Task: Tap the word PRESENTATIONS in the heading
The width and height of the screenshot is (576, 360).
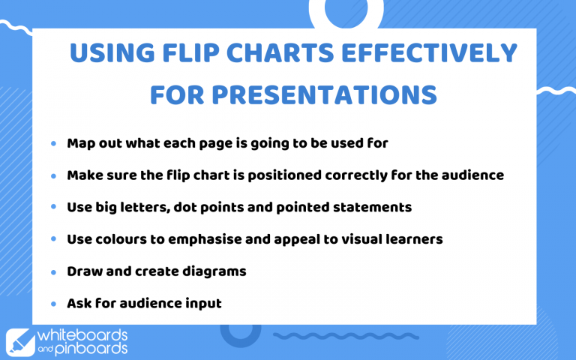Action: click(x=324, y=94)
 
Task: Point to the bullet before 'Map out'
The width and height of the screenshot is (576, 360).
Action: click(x=53, y=142)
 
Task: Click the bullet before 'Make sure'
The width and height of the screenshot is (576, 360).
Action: click(x=53, y=175)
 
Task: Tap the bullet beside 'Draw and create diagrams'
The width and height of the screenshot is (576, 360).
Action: click(x=53, y=271)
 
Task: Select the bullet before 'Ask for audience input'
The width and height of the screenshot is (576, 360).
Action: click(x=53, y=304)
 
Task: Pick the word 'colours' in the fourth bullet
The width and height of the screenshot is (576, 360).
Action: click(x=118, y=239)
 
